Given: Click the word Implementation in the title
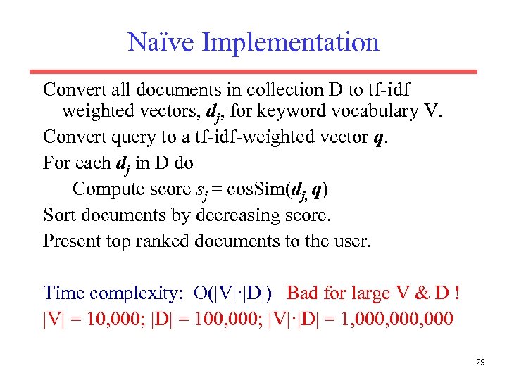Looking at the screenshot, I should pyautogui.click(x=290, y=44).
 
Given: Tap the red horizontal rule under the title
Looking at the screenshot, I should pyautogui.click(x=253, y=71).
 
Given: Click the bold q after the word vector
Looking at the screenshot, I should pyautogui.click(x=380, y=137).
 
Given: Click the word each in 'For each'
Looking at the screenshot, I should pyautogui.click(x=92, y=163).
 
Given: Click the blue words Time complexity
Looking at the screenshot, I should pyautogui.click(x=112, y=293).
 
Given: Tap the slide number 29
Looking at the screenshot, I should pyautogui.click(x=480, y=362).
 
